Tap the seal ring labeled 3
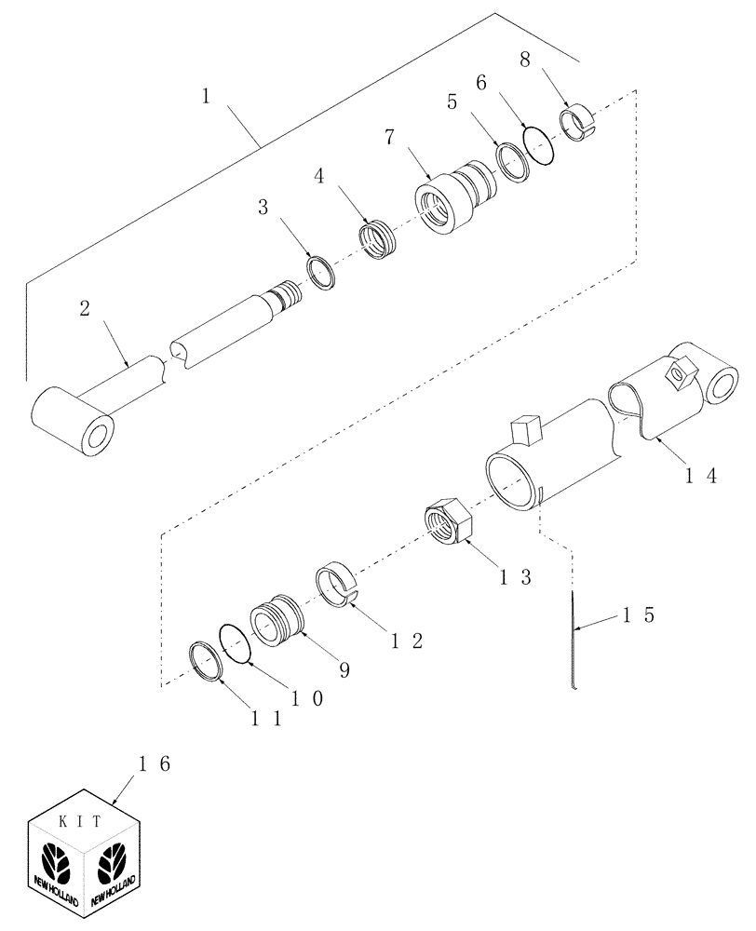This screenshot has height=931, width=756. (319, 274)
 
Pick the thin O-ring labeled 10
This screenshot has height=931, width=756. (237, 642)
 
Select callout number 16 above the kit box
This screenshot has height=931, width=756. (152, 763)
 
